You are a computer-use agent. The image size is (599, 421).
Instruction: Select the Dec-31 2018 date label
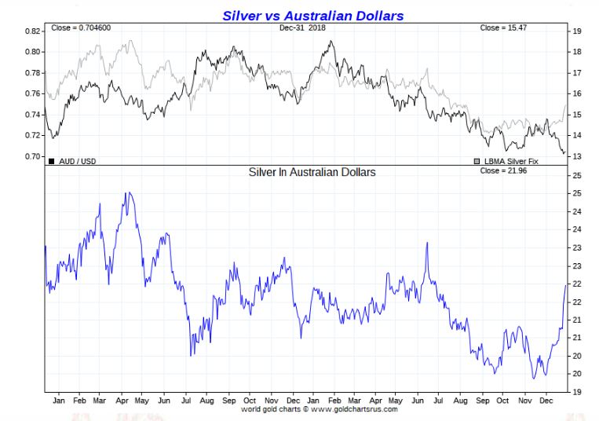pyautogui.click(x=302, y=28)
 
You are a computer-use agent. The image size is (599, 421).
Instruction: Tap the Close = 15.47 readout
pyautogui.click(x=503, y=28)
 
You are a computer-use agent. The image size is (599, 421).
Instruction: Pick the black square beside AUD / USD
pyautogui.click(x=52, y=162)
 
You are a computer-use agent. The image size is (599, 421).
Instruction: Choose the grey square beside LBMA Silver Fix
pyautogui.click(x=477, y=162)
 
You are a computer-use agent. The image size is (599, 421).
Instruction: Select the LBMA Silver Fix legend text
pyautogui.click(x=512, y=162)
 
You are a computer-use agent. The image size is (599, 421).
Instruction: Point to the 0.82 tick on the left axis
pyautogui.click(x=32, y=31)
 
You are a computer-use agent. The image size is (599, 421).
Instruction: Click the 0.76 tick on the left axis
pyautogui.click(x=32, y=94)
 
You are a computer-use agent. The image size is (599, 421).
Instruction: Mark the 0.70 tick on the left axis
pyautogui.click(x=32, y=156)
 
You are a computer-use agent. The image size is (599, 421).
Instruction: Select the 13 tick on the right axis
pyautogui.click(x=576, y=157)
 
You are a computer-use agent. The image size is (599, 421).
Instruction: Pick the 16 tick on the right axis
pyautogui.click(x=576, y=94)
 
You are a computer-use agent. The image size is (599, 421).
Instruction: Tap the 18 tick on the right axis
pyautogui.click(x=576, y=53)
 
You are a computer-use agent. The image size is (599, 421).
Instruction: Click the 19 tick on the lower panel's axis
pyautogui.click(x=576, y=391)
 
